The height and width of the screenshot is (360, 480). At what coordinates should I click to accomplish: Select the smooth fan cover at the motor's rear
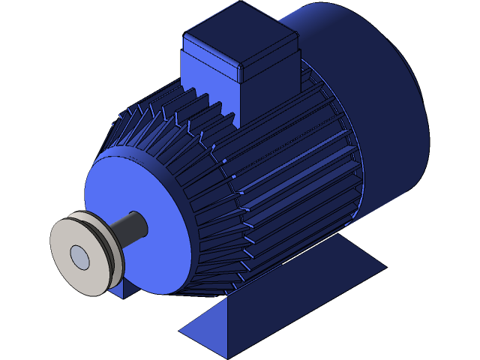(x=375, y=97)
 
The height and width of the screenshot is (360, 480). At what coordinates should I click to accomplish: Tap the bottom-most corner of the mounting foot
(x=229, y=357)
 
